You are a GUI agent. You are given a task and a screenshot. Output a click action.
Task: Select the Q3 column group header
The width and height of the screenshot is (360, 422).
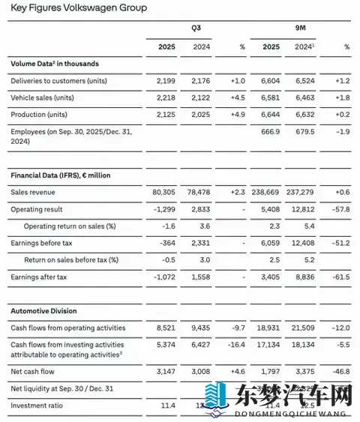[196, 27]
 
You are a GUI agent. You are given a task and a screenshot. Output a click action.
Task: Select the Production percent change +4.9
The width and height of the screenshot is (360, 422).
[236, 115]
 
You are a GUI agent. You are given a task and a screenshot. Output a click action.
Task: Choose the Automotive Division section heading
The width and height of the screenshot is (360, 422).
[45, 310]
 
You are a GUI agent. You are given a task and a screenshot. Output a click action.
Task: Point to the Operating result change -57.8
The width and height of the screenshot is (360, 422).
[340, 209]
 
